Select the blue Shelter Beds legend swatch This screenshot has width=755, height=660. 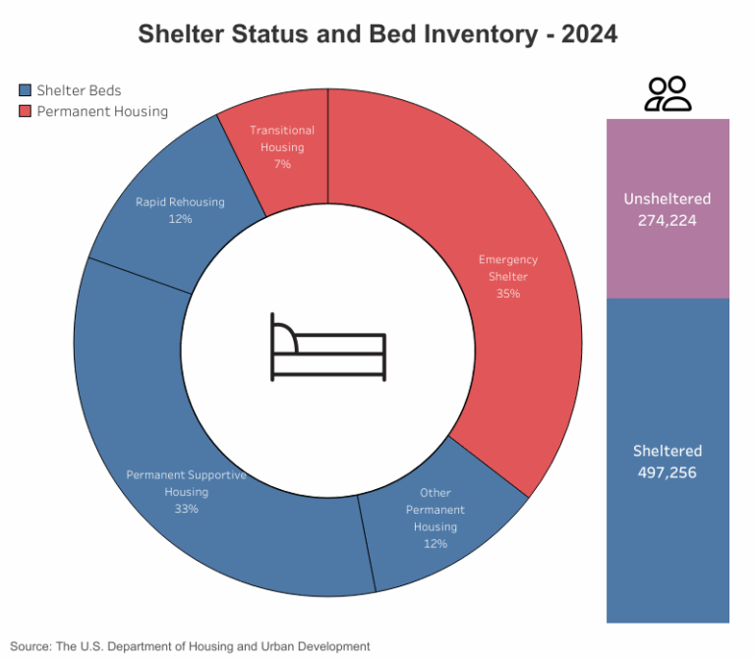pos(26,90)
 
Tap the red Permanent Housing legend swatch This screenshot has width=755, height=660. pos(26,112)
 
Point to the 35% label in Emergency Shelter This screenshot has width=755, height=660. pos(508,293)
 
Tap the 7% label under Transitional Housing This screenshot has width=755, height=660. pos(282,164)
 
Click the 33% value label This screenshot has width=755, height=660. pos(187,509)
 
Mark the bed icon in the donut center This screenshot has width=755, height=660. pos(328,347)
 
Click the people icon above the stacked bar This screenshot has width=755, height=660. pos(668,94)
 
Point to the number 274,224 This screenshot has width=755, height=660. pos(668,221)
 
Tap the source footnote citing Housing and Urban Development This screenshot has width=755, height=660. pos(191,646)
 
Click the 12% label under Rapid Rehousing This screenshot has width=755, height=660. pos(180,219)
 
